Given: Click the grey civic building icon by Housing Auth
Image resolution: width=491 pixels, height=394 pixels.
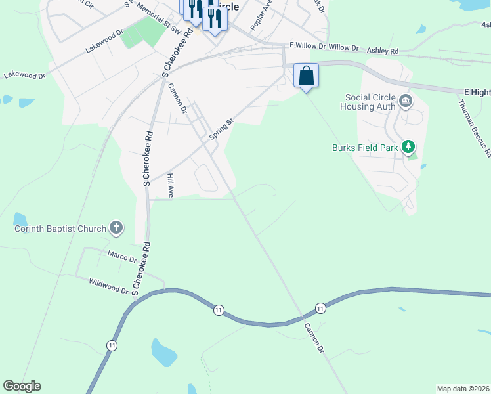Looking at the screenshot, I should coord(406,101).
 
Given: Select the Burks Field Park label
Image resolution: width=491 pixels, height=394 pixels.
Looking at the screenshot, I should coord(365,148).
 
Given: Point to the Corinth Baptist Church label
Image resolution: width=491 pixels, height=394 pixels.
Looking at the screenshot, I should coord(60,229).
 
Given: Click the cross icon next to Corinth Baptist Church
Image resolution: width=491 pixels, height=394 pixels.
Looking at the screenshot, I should coord(116,229).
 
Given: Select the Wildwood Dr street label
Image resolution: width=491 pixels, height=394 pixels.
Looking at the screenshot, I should coord(108,285).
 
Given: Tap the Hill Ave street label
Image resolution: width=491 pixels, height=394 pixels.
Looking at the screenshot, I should coord(170,186).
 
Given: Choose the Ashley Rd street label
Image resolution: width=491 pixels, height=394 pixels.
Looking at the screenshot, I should coord(383,51).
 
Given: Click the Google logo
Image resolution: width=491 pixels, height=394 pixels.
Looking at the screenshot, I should coord(22,386).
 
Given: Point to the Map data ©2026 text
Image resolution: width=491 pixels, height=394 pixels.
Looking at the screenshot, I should coord(463,389).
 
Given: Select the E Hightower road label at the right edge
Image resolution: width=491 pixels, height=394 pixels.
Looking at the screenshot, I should coord(477,92).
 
